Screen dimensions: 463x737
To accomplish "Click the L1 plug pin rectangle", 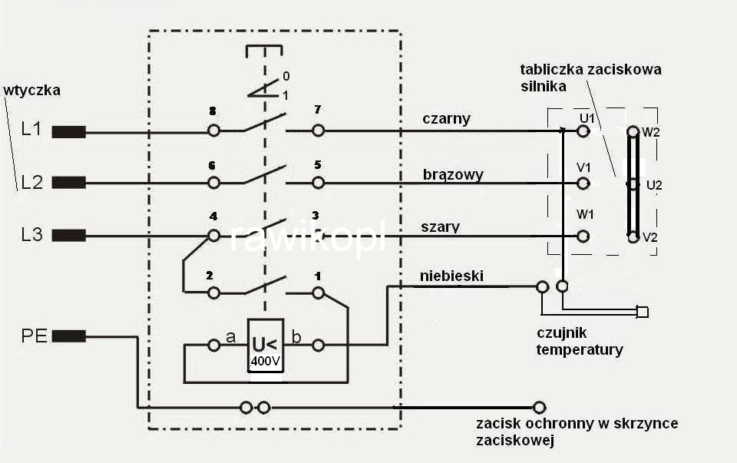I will pos(68,131).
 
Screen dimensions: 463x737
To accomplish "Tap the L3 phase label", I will pos(31,235).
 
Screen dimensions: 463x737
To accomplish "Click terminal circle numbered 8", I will pos(214,131).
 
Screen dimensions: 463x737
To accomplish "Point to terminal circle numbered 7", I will pos(318,131).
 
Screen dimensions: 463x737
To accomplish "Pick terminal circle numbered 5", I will pos(318,183).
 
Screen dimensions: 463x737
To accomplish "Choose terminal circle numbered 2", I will pos(214,293).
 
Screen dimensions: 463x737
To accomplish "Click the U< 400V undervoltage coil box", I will pos(266,345).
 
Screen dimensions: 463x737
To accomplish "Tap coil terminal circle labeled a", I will pos(214,346).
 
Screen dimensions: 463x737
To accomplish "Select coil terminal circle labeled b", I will pos(318,346).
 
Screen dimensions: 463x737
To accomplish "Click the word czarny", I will pos(446,119).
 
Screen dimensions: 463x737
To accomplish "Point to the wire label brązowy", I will pos(453,174).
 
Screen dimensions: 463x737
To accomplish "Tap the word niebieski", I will pos(452,275).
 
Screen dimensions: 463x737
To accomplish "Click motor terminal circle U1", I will pos(583,131).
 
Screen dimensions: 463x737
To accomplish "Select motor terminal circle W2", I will pos(633,131).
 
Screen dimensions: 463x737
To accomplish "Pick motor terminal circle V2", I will pos(633,237).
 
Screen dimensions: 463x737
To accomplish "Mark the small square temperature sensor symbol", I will pos(643,312).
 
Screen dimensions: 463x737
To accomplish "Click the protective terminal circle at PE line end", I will pos(540,407).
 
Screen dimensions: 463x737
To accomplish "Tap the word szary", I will pos(441,227).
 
